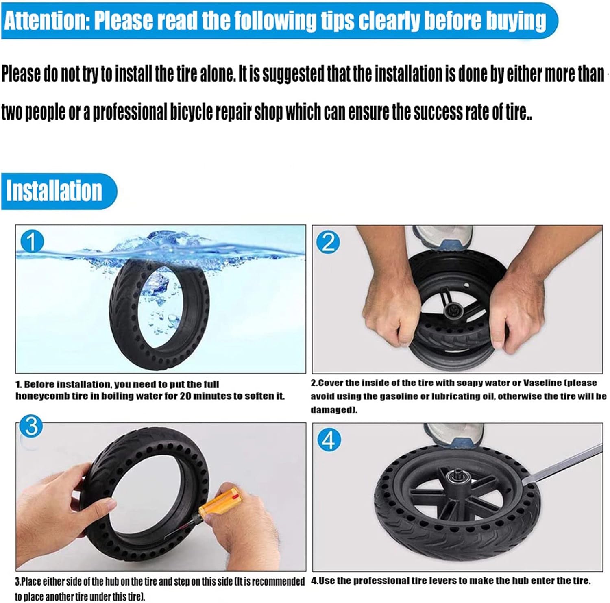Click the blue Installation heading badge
point(59,191)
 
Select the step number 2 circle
point(328,242)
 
